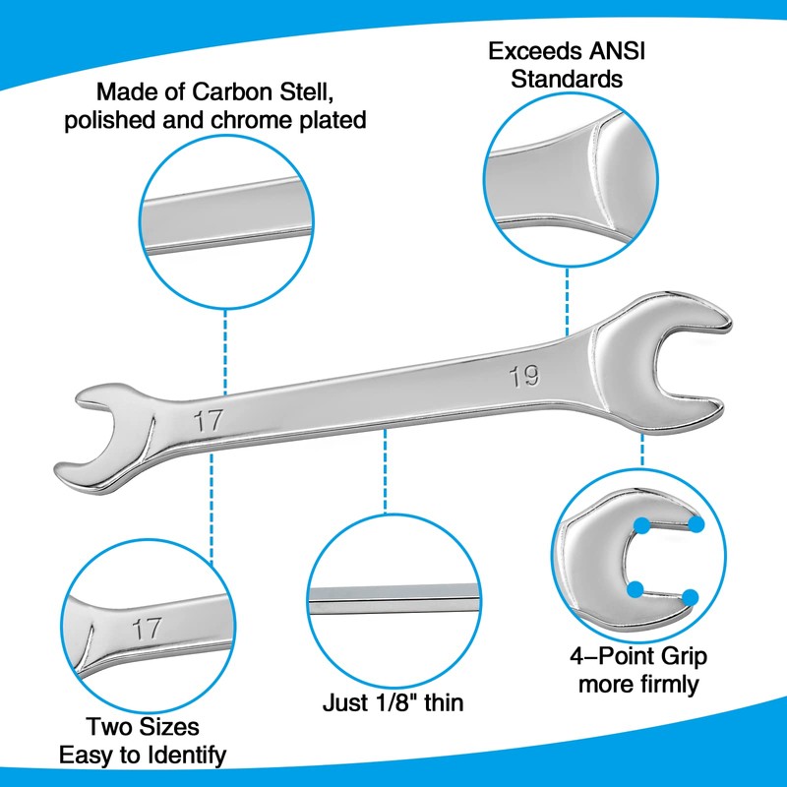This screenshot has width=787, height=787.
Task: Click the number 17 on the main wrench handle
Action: (207, 421)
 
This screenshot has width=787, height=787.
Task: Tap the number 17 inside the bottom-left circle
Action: (148, 629)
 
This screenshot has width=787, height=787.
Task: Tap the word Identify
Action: (184, 756)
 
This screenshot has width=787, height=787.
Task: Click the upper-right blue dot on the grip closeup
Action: (696, 524)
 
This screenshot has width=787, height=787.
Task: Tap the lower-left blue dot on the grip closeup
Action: (636, 588)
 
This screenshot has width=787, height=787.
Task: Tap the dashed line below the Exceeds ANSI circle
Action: (568, 295)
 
